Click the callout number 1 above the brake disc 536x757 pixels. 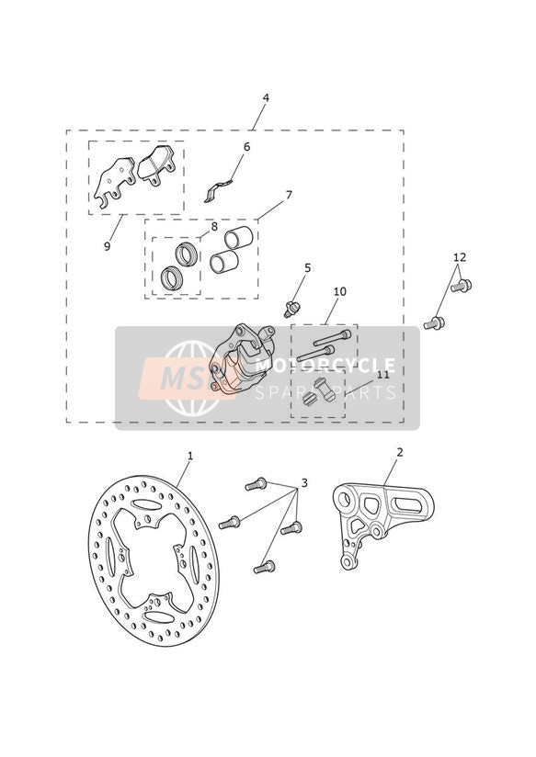click(190, 456)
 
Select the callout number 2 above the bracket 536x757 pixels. click(400, 452)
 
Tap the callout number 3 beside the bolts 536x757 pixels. click(304, 483)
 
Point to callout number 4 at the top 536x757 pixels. click(266, 97)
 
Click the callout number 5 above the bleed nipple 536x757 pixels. click(307, 268)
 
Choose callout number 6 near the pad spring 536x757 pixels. click(246, 147)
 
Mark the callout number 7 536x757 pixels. click(289, 195)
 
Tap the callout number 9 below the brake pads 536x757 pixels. click(108, 246)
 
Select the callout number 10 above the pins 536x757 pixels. click(340, 291)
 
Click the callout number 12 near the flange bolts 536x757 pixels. click(460, 257)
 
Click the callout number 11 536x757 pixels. click(383, 375)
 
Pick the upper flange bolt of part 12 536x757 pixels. click(462, 286)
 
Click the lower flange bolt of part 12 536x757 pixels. click(434, 323)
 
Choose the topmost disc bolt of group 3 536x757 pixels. click(256, 484)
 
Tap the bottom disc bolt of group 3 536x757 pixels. click(264, 567)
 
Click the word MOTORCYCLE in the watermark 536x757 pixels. click(325, 366)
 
